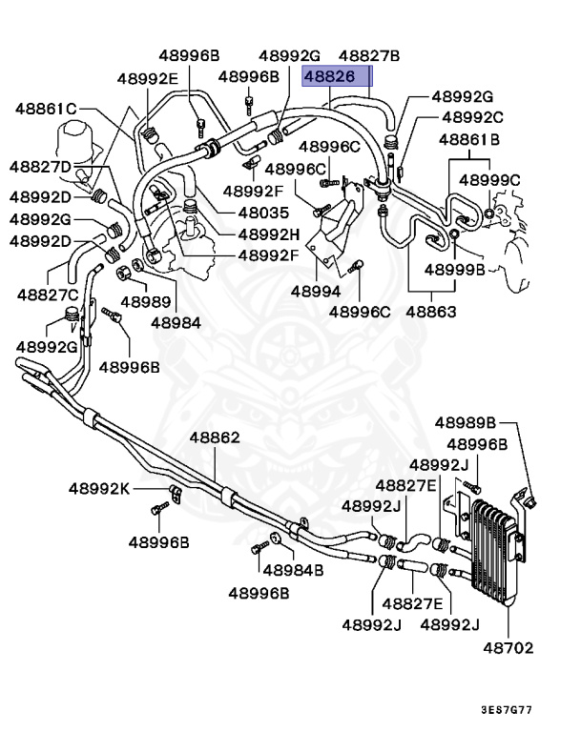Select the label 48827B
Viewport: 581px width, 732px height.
click(x=369, y=56)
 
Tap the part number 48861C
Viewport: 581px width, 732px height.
click(x=45, y=109)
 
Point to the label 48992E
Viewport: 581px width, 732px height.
click(x=148, y=78)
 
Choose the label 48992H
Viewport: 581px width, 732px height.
click(x=268, y=234)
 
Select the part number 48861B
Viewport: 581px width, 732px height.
click(x=469, y=139)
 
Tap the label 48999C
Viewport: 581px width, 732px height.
click(x=489, y=179)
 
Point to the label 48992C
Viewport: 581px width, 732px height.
click(x=472, y=117)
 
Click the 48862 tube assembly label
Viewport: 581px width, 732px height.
click(x=214, y=438)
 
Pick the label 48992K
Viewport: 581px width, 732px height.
click(x=98, y=489)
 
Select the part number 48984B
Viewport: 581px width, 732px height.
click(x=293, y=570)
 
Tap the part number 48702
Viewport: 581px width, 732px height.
click(x=507, y=648)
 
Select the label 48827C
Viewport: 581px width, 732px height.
click(x=46, y=295)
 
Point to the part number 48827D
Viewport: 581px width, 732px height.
click(x=41, y=168)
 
